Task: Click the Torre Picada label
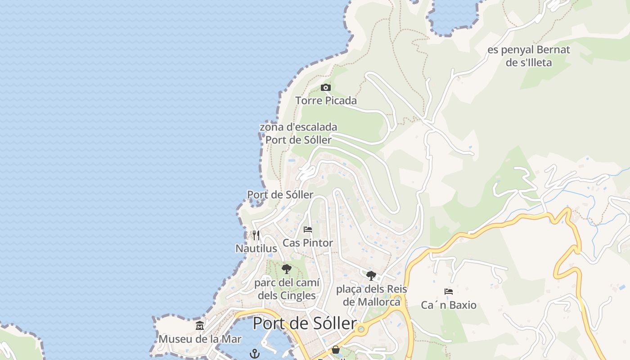326,100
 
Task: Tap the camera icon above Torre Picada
326,87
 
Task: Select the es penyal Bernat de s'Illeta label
529,56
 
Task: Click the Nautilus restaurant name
256,248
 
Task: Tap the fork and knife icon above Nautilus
256,235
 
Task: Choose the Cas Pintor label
308,243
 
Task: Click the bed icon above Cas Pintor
308,229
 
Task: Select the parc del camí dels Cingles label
287,289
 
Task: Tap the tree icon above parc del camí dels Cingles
286,269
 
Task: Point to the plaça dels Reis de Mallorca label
371,295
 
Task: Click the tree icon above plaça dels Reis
371,275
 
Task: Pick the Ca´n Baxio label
449,305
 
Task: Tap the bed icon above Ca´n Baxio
449,292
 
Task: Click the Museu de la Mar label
200,339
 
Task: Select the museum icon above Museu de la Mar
200,325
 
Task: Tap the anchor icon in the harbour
255,353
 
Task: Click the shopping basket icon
336,350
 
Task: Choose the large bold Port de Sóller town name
305,323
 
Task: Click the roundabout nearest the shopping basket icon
361,329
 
